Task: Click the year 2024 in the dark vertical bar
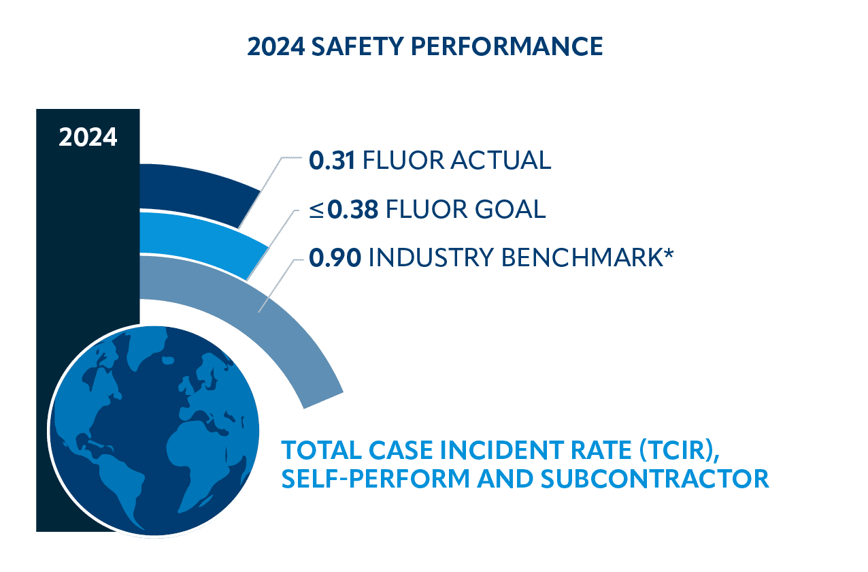click(x=88, y=137)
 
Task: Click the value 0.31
click(x=333, y=160)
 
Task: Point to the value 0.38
click(x=352, y=209)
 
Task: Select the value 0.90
click(x=335, y=258)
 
